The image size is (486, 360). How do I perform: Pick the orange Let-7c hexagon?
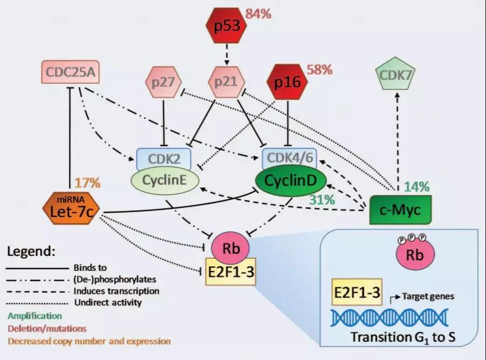tap(68, 205)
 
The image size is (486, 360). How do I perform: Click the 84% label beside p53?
tap(258, 13)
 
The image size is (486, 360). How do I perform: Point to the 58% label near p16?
tap(321, 70)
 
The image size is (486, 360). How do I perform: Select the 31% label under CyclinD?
tap(323, 199)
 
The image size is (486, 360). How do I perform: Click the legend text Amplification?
tap(35, 316)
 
